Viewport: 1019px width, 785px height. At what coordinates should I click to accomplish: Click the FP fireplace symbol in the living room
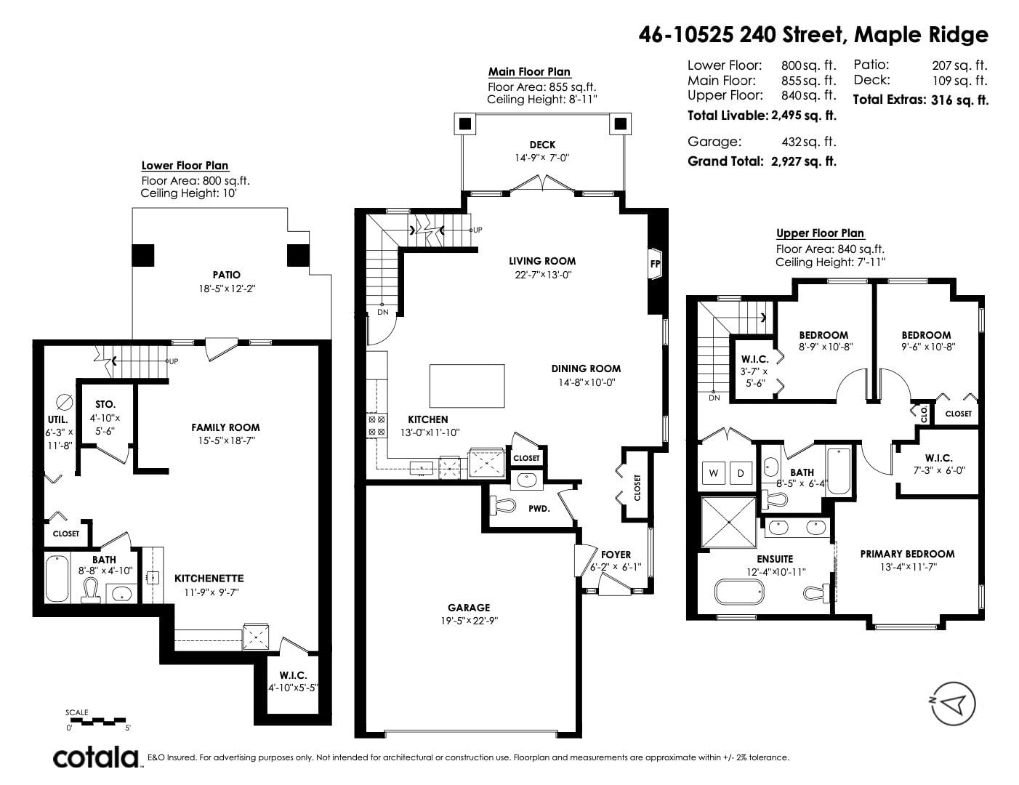[x=655, y=264]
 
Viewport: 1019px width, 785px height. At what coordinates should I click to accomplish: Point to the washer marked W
[x=714, y=472]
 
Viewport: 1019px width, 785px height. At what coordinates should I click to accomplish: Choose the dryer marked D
[x=741, y=472]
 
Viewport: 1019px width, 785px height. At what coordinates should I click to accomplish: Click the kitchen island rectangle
[x=467, y=386]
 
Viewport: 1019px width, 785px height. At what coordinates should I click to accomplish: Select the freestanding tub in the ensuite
[x=739, y=592]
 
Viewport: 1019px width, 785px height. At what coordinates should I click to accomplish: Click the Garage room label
[x=469, y=608]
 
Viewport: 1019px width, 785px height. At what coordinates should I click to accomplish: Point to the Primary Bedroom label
[x=907, y=554]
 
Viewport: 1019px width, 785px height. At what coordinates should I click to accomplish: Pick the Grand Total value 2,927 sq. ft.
[x=804, y=162]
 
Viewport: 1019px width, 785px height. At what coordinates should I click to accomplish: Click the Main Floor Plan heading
[x=529, y=72]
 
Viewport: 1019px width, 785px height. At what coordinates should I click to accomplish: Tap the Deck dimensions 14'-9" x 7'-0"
[x=542, y=158]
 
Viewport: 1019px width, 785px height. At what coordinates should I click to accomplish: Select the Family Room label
[x=225, y=427]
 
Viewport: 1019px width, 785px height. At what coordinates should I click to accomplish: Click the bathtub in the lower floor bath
[x=57, y=578]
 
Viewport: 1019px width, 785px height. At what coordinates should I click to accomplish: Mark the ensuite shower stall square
[x=729, y=522]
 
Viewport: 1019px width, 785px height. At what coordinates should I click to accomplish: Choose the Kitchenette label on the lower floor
[x=209, y=579]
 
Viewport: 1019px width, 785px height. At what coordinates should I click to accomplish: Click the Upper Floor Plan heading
[x=820, y=233]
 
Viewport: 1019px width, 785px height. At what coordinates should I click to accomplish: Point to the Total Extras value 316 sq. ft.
[x=960, y=100]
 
